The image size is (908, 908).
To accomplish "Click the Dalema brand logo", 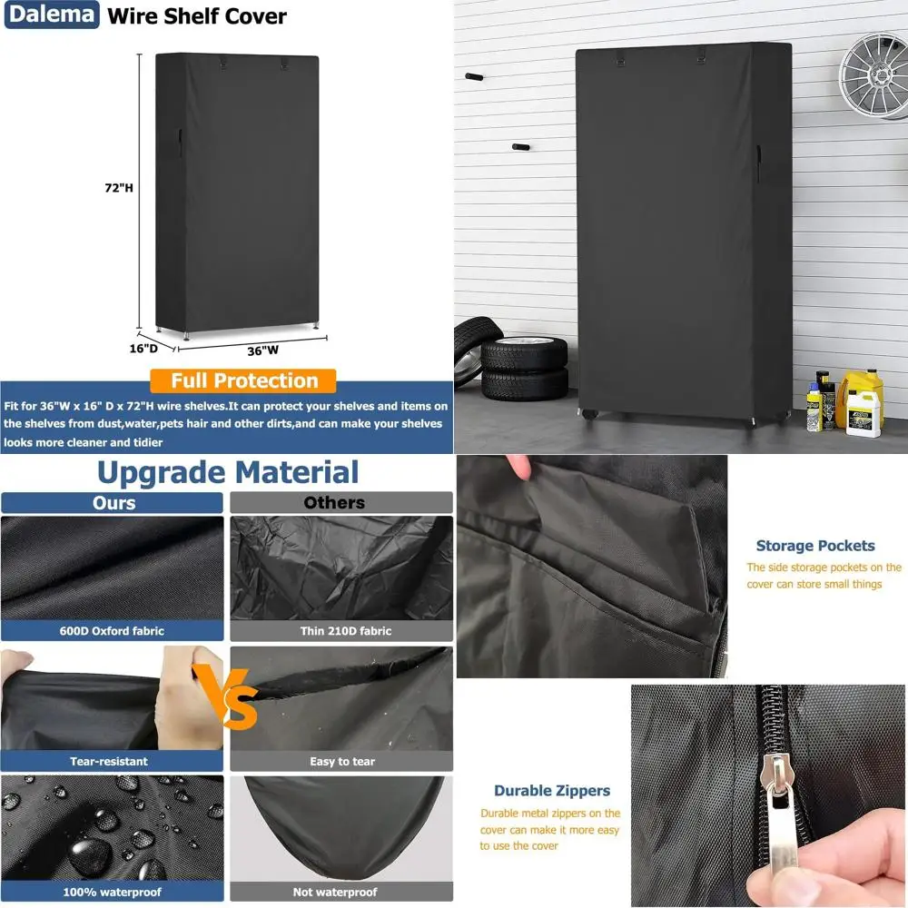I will [51, 15].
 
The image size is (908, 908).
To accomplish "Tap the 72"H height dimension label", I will [118, 188].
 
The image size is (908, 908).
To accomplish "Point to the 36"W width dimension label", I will [263, 349].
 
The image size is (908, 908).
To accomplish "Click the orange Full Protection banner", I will [244, 380].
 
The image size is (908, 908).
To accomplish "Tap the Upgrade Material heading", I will [228, 472].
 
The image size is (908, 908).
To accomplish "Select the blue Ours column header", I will [113, 502].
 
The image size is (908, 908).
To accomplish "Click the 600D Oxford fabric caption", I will [113, 631].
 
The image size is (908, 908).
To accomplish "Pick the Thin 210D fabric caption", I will [340, 631].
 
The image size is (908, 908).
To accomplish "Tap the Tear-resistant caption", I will [109, 761].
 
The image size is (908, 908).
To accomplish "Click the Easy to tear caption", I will [342, 761].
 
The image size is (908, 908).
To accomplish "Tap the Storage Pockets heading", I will [815, 546].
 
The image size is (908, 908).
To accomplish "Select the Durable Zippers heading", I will [552, 791].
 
